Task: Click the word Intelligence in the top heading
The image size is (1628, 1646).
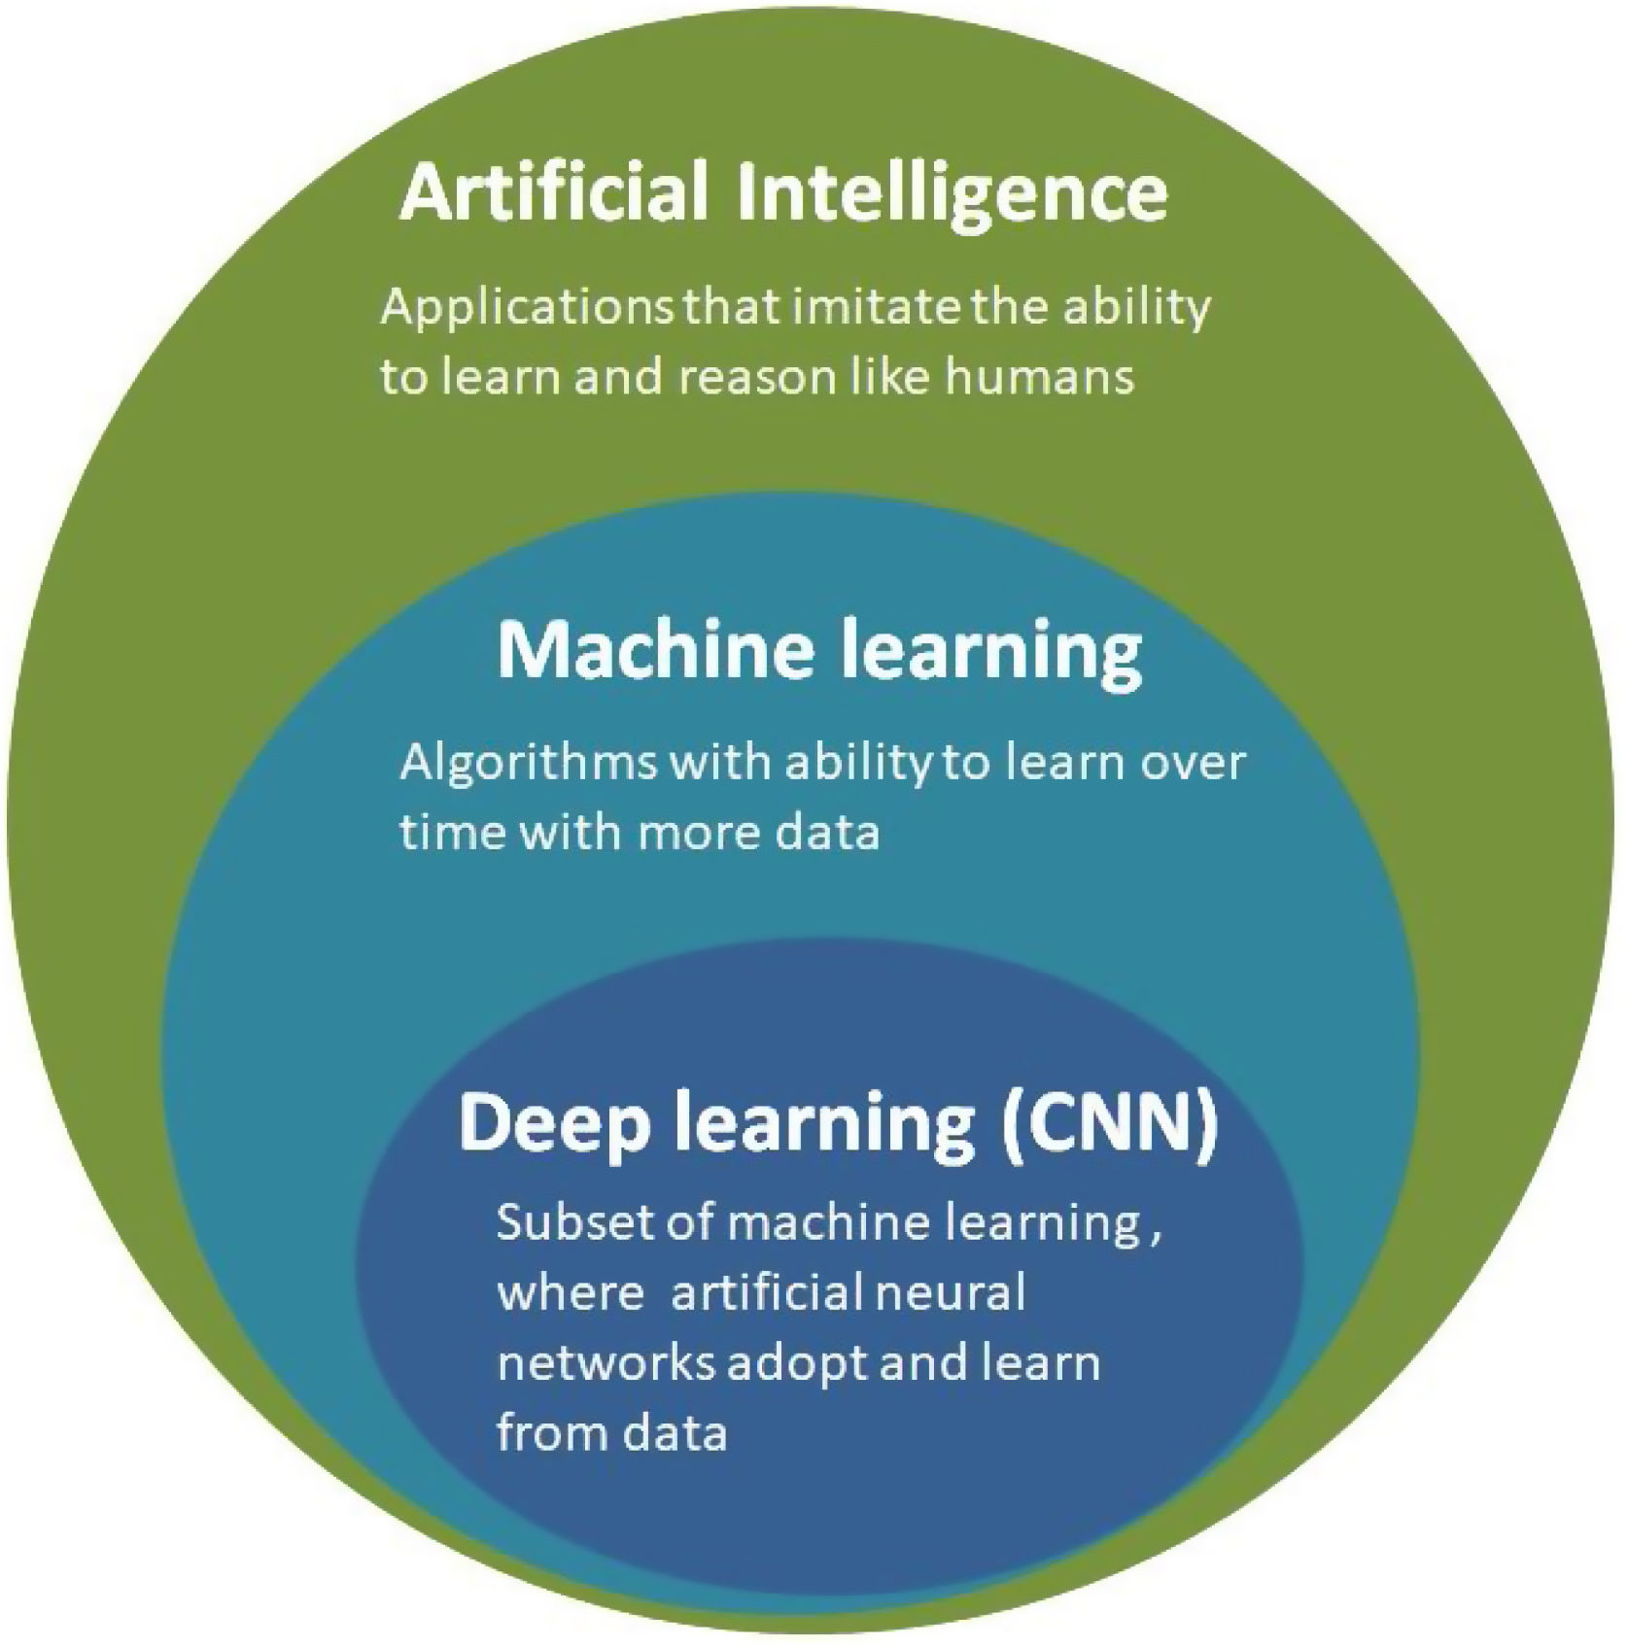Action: (x=952, y=194)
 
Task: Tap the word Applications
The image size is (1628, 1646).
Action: (x=529, y=308)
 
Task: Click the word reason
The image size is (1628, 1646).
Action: (x=757, y=376)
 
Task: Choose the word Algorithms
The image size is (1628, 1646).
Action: (x=529, y=764)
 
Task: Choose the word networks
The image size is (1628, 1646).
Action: (x=606, y=1363)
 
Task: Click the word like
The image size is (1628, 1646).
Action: (x=888, y=376)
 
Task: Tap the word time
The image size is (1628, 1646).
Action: (x=453, y=833)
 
